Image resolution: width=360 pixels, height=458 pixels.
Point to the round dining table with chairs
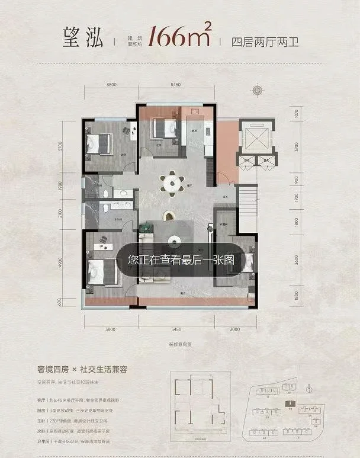(x=172, y=183)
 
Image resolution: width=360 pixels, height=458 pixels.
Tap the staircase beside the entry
(x=247, y=196)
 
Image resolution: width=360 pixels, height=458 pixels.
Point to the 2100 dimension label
(x=62, y=214)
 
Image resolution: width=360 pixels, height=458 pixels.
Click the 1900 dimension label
(x=62, y=187)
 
